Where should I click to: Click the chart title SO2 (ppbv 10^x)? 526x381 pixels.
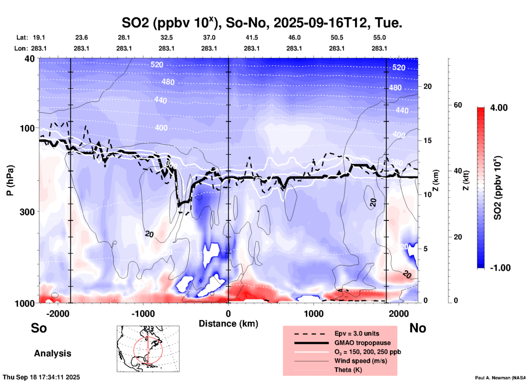coord(262,23)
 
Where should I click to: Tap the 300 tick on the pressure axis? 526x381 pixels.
coord(27,212)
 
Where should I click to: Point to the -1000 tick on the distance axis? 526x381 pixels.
coord(143,313)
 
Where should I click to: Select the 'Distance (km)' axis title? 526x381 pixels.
coord(228,324)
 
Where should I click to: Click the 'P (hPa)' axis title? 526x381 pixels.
coord(10,180)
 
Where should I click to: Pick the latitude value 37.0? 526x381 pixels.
coord(209,37)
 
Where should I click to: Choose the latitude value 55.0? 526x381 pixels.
coord(379,37)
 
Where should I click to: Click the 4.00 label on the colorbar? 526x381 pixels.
coord(499,108)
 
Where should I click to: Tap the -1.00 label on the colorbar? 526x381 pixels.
coord(500,268)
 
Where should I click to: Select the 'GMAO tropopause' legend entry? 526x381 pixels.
coord(362,343)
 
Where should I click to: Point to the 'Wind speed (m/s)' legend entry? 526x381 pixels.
coord(360,361)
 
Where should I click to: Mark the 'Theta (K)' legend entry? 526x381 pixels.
coord(348,370)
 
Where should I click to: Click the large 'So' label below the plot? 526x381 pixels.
coord(39,328)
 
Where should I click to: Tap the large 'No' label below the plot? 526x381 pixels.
coord(418,328)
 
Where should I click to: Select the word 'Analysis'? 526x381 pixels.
coord(52,353)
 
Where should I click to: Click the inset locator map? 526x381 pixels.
coord(148,348)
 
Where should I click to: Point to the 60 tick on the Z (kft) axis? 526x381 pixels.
coord(458,105)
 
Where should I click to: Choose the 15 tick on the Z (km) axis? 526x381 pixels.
coord(427,140)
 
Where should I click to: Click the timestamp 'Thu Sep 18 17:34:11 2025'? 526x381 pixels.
coord(42,377)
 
